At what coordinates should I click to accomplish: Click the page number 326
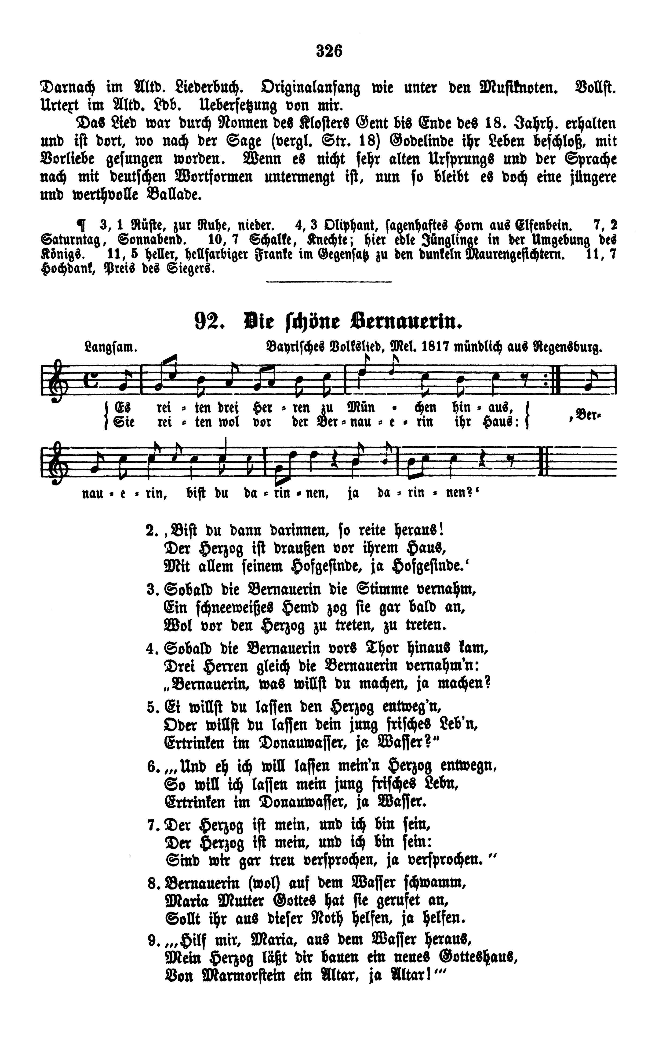329,51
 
